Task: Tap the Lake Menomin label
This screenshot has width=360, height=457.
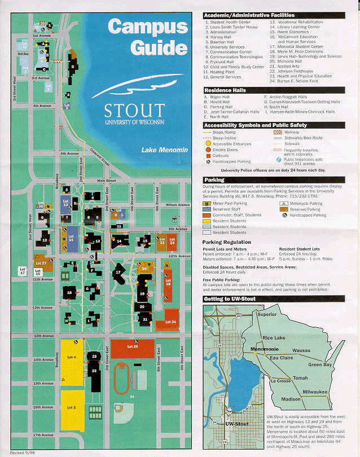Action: point(164,150)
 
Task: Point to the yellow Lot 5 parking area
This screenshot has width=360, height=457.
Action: point(71,407)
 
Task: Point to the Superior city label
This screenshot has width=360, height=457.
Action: point(267,314)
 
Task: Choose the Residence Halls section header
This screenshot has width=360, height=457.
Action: point(226,90)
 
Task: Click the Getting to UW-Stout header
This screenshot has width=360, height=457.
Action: point(230,298)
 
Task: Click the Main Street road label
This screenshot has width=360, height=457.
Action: point(106,181)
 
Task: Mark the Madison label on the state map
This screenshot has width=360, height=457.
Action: point(291,399)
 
